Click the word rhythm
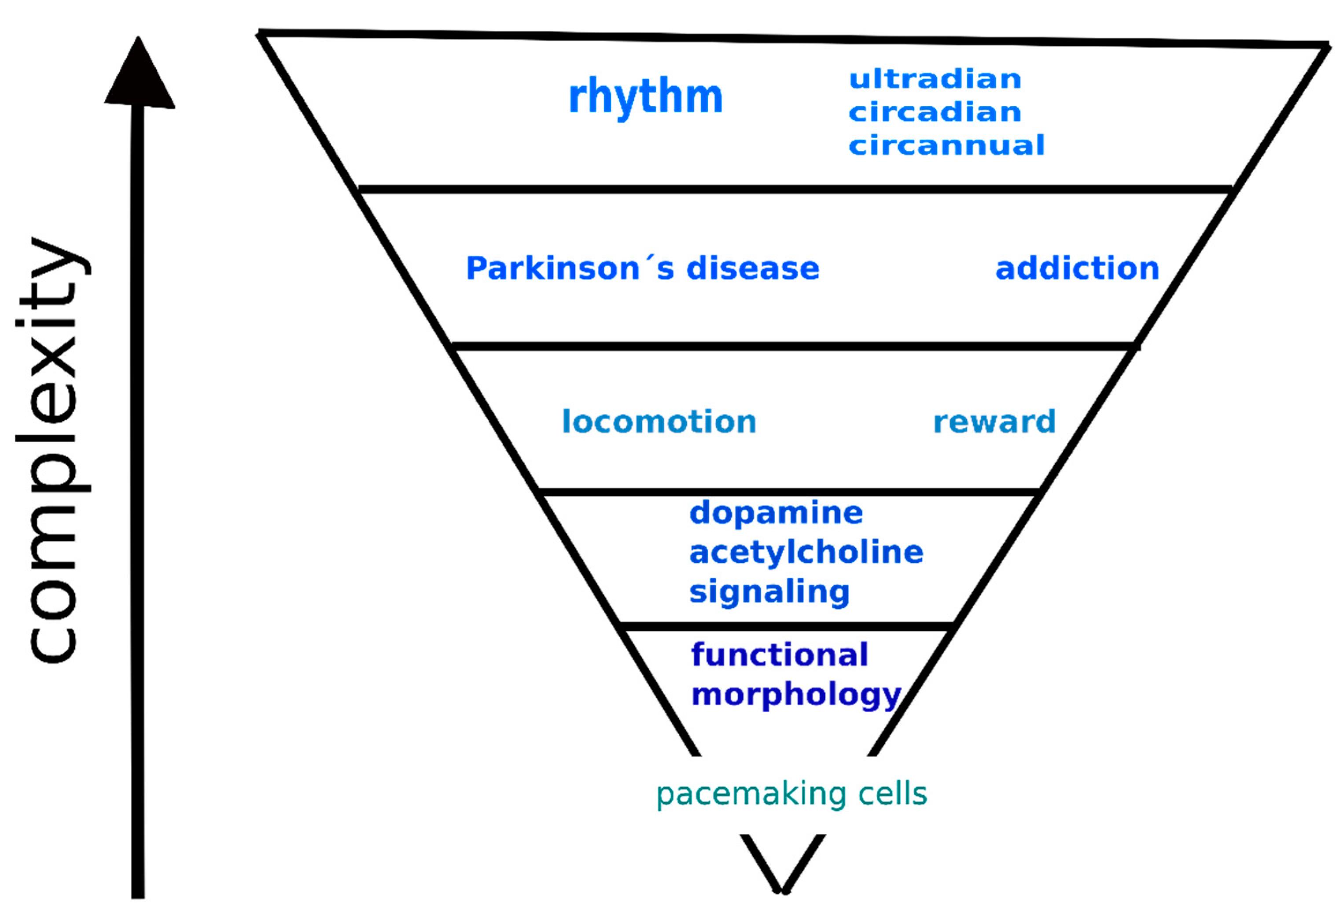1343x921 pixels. tap(645, 97)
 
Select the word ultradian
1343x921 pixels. tap(935, 79)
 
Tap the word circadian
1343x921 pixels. tap(935, 112)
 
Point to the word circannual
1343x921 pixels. tap(946, 145)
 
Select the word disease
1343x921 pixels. tap(752, 269)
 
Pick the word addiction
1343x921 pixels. tap(1077, 269)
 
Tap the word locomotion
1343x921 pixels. tap(659, 422)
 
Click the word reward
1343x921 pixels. tap(994, 422)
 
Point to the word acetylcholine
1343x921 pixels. tap(806, 553)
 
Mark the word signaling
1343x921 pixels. tap(769, 592)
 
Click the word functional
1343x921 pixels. tap(779, 655)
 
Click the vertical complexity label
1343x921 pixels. tap(52, 451)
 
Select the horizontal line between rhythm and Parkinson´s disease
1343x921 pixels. tap(795, 190)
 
